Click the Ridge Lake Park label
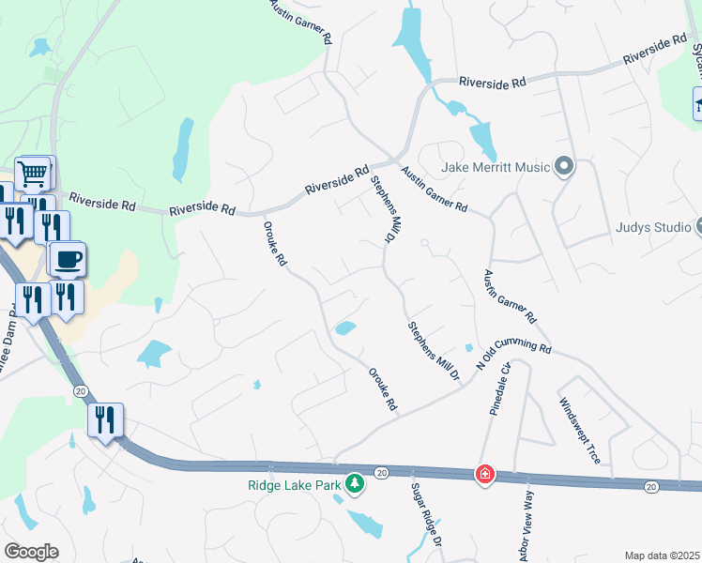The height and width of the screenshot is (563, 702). [x=294, y=485]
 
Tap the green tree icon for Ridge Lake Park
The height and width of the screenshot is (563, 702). [x=355, y=484]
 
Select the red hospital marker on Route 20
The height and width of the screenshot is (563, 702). [x=484, y=474]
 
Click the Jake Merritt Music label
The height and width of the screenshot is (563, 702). [x=495, y=168]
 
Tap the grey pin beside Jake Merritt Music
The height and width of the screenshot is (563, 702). [x=563, y=167]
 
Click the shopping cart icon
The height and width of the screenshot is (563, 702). [x=33, y=173]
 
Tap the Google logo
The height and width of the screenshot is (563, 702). [x=31, y=552]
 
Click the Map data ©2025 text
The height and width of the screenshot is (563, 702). [x=662, y=555]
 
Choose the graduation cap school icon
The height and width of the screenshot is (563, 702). [x=697, y=103]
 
